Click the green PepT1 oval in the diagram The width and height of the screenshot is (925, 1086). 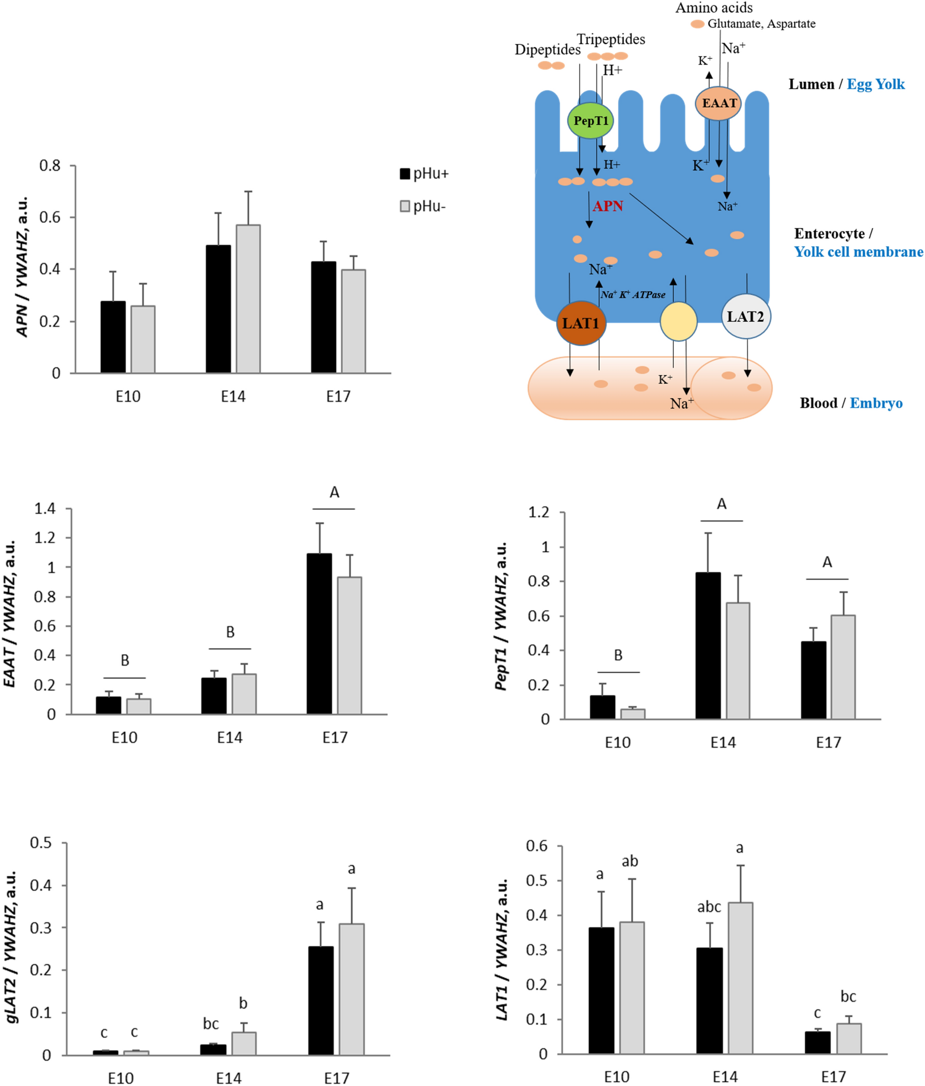pos(590,121)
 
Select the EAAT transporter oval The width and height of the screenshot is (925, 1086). pos(719,103)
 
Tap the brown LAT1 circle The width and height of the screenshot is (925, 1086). pos(581,323)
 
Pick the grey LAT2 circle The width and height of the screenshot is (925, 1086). pos(745,316)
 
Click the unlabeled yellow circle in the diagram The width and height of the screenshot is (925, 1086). pos(678,321)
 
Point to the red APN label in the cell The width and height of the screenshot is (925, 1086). pos(608,206)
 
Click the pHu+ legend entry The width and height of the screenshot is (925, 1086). pos(424,174)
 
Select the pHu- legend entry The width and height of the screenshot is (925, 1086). pos(423,206)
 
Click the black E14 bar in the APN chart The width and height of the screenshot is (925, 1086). pos(218,309)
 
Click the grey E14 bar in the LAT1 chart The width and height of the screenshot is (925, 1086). pos(740,978)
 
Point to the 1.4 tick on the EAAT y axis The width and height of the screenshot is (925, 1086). pos(44,509)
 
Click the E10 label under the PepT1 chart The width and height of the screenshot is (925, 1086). pos(617,743)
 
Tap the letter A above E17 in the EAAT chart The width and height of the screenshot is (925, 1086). pos(335,493)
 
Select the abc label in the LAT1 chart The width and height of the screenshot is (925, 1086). pos(708,907)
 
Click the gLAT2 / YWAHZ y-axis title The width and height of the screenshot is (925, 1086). pos(12,947)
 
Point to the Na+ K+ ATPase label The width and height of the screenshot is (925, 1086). pos(633,295)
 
